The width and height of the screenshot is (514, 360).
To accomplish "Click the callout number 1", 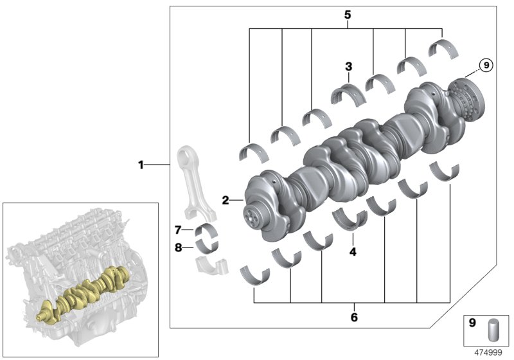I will coord(141,165).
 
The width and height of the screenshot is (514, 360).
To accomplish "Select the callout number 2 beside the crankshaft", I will coord(226,201).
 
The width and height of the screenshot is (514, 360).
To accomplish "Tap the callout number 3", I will coord(348,66).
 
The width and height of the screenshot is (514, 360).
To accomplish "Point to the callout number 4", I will coord(353,252).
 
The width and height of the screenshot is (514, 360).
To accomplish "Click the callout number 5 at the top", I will coord(347,14).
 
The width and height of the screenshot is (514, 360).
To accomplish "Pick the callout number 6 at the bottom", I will coord(353,317).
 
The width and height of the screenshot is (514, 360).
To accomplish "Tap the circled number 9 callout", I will coord(486,65).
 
